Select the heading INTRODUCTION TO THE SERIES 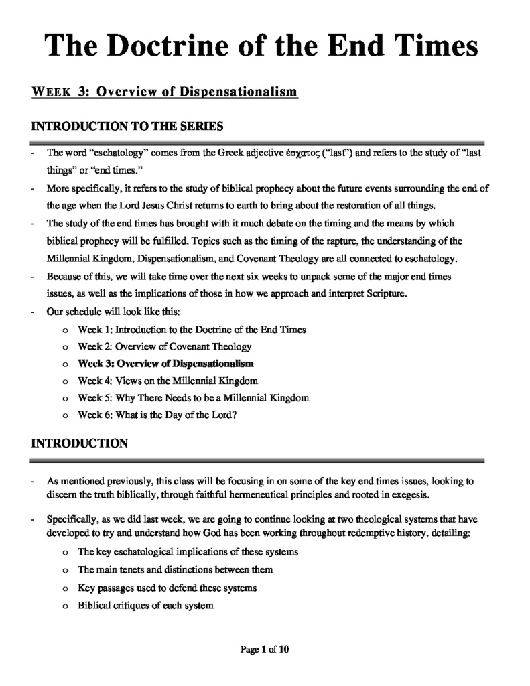(x=127, y=125)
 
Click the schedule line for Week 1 (x=192, y=329)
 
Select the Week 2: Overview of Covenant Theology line (x=164, y=346)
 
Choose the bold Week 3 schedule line (x=165, y=364)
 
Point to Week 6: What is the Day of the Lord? (x=157, y=415)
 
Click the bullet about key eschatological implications (x=188, y=552)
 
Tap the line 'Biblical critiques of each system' (x=145, y=605)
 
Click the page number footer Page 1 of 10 (x=265, y=648)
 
